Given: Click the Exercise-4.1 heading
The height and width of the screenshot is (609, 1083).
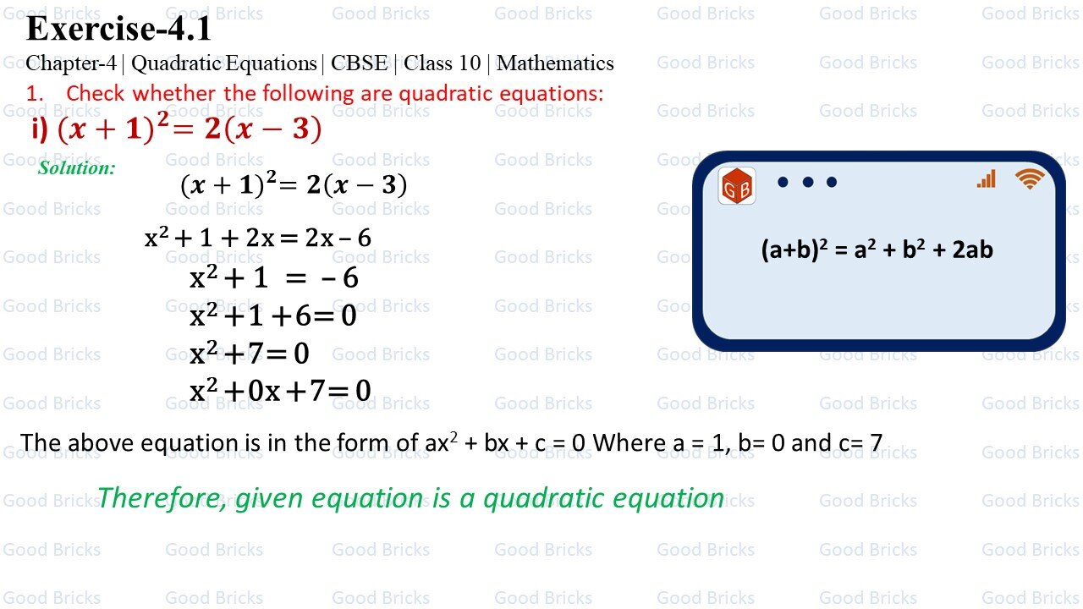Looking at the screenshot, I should coord(118,30).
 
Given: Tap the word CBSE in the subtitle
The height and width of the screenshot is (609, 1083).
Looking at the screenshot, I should coord(359,63).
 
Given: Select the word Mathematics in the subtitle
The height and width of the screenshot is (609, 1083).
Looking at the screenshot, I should coord(555,63).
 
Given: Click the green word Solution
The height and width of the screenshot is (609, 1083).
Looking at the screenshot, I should coord(76,167).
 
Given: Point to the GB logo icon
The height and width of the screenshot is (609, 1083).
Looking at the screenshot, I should coord(736,186).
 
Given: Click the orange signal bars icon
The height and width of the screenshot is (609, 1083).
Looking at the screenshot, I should coord(987,178).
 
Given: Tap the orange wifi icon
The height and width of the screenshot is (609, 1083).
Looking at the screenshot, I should coord(1030,178).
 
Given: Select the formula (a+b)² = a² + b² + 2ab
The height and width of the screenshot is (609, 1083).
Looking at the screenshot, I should coord(877,250).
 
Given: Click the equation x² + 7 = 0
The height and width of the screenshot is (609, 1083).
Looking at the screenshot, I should coord(250,353).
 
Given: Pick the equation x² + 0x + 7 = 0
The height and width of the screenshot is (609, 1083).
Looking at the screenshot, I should coord(280,390).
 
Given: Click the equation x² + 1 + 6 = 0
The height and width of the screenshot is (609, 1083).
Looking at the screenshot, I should coord(272,315).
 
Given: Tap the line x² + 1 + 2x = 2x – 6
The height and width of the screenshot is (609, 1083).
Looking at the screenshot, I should coord(258,238).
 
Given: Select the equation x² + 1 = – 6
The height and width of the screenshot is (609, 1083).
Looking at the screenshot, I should coord(273,277).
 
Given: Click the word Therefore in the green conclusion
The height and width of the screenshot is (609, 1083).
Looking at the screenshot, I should coord(161,498).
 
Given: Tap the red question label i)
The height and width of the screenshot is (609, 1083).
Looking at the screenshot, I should coord(39,129).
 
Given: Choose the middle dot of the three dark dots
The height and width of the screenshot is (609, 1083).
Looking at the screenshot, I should coord(807,182).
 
